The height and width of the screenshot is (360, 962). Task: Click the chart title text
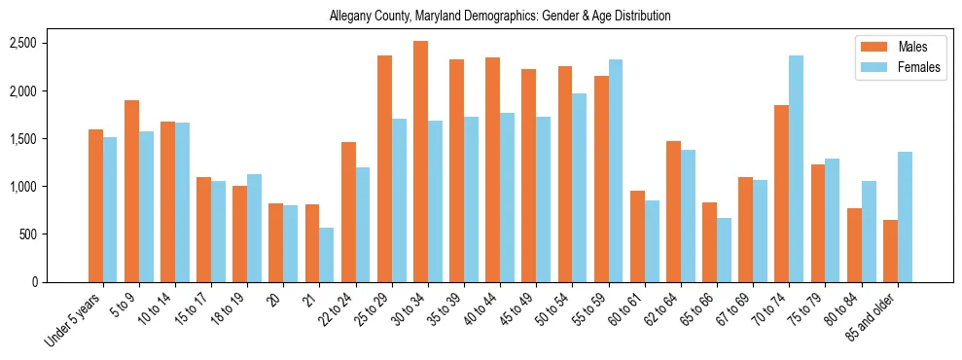coord(500,17)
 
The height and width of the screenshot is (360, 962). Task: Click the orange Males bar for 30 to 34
coord(420,162)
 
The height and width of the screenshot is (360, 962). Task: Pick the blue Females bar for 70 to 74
coord(796,169)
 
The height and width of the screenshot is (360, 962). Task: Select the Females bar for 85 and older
coord(905,217)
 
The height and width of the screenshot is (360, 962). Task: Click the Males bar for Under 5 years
coord(95,205)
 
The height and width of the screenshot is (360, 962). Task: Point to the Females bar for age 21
coord(327,255)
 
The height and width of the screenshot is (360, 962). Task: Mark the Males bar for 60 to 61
coord(637,236)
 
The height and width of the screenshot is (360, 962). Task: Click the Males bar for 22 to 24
coord(348,212)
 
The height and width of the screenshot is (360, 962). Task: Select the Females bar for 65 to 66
coord(724,250)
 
